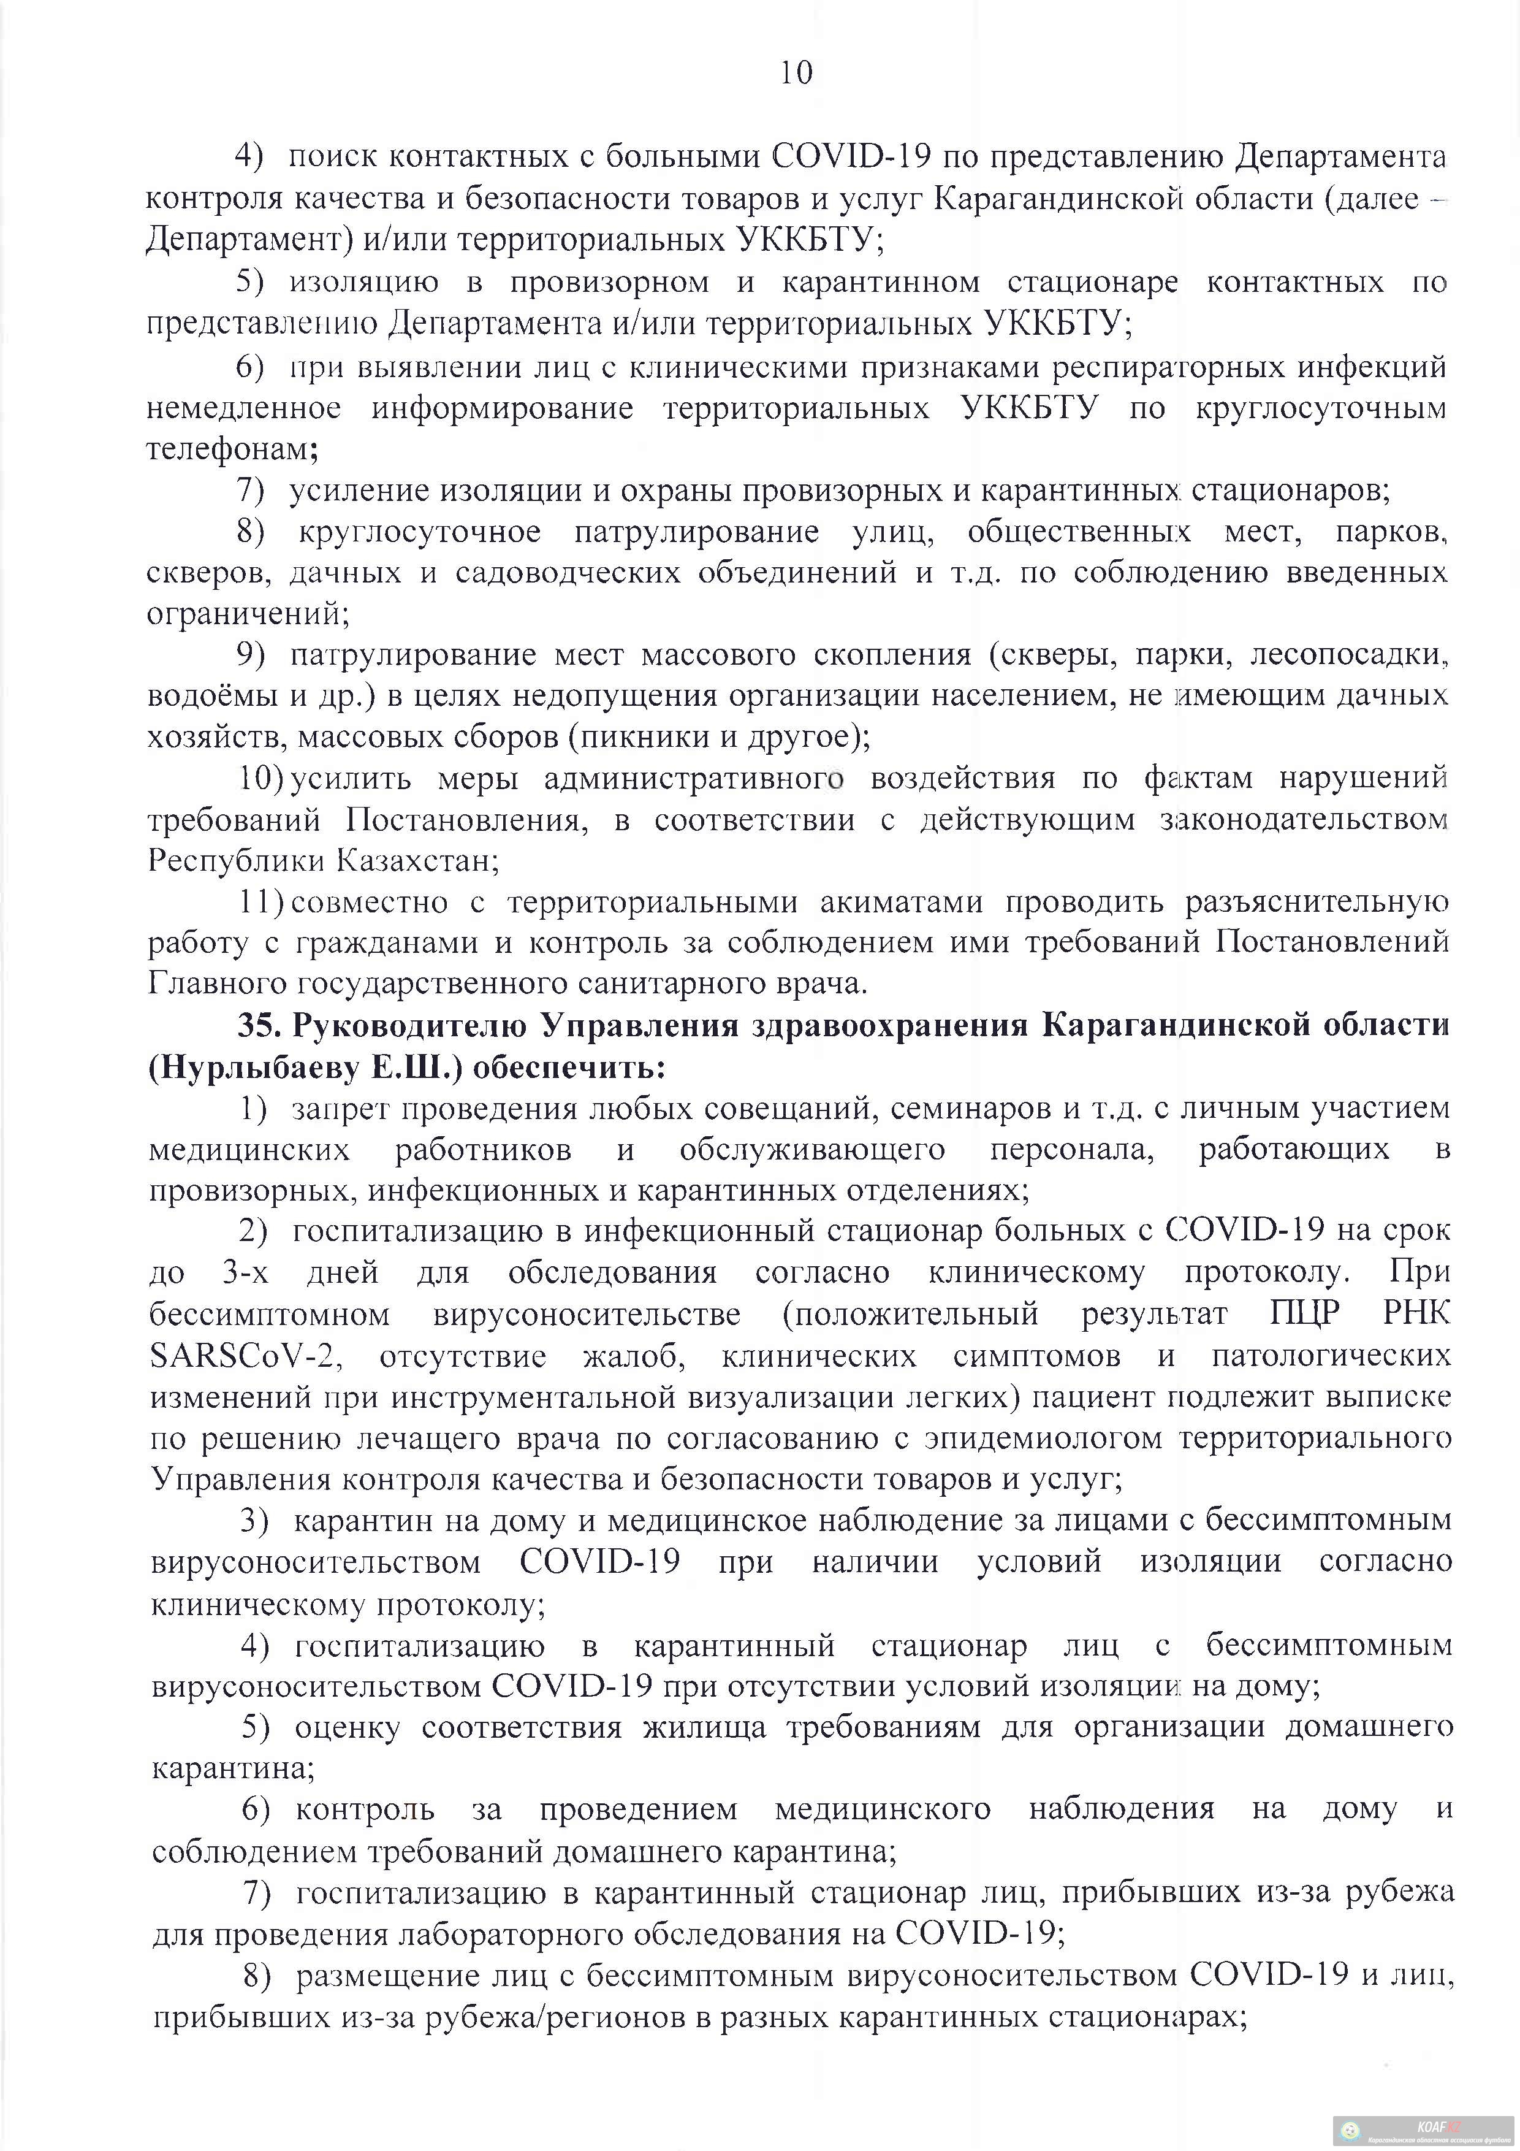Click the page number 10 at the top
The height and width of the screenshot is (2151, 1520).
[795, 73]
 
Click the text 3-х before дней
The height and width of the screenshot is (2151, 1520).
[245, 1273]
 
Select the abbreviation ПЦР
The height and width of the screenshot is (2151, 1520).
[1305, 1315]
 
